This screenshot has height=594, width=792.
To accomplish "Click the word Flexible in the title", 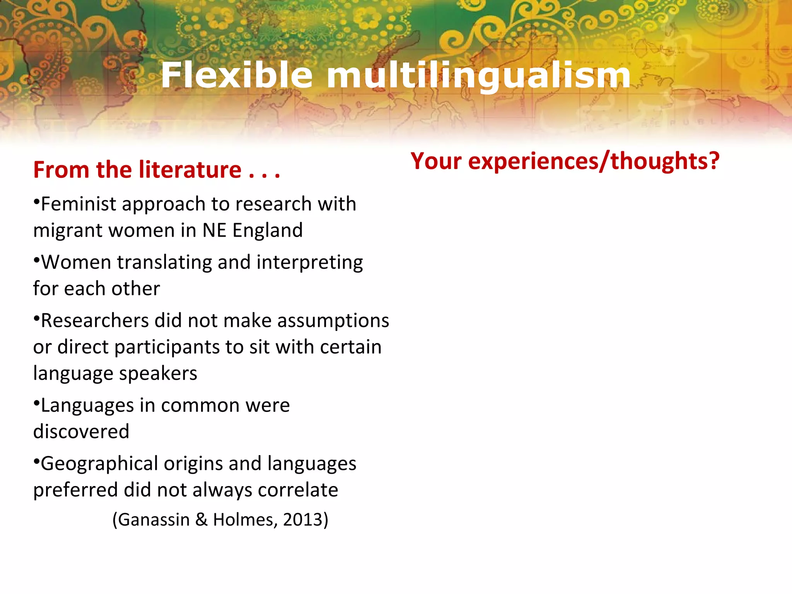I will pos(237,75).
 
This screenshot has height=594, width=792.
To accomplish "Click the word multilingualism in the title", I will pos(479,75).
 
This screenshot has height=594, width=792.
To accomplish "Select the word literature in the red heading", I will pos(190,170).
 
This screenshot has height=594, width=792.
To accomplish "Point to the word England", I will pos(267,230).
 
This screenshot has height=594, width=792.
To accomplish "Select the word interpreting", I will pos(309,263).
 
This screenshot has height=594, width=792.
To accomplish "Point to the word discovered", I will pos(81,432).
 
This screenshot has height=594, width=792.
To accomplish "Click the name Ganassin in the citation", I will pos(153,520).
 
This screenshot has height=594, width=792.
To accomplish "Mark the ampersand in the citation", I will pos(201,520).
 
